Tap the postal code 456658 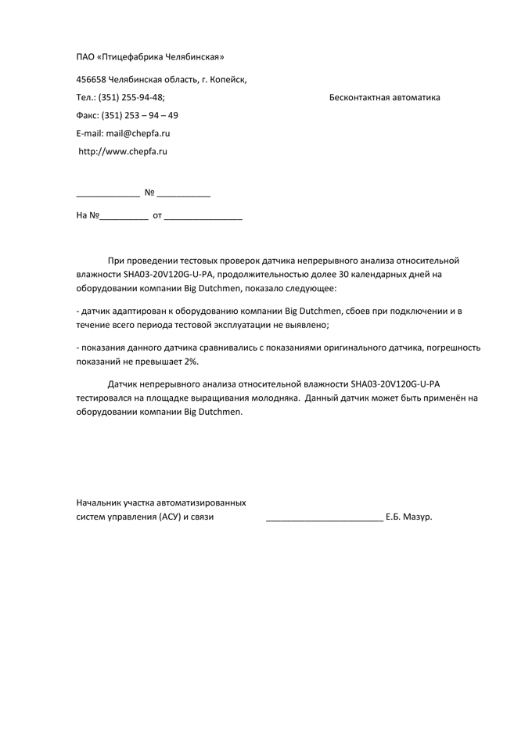(x=91, y=80)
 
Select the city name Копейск (x=229, y=80)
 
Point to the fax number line (x=127, y=116)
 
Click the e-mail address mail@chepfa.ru (x=138, y=134)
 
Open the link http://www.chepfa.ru (x=123, y=152)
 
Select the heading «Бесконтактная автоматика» (x=385, y=98)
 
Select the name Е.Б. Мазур (x=408, y=517)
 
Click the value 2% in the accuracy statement (x=191, y=362)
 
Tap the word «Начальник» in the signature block (x=99, y=503)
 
